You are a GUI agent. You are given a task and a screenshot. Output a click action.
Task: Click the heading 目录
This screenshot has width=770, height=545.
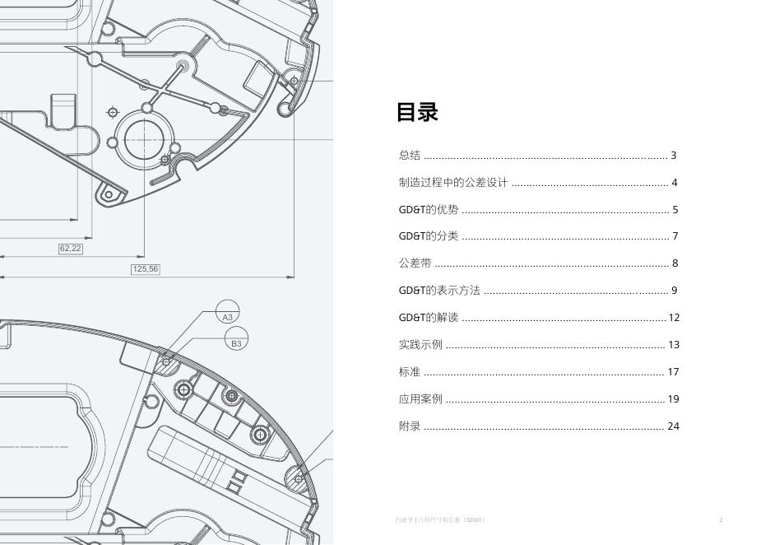[417, 112]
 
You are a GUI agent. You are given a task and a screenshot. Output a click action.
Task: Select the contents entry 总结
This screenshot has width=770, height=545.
[410, 156]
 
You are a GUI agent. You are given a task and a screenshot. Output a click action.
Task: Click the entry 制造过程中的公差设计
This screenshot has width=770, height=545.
[453, 183]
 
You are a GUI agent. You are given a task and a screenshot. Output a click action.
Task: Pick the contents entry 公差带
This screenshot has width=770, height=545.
[415, 263]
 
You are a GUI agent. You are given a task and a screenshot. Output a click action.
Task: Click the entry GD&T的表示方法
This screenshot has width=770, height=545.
[439, 291]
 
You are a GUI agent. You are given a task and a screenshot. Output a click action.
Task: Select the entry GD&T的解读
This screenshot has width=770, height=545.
[429, 318]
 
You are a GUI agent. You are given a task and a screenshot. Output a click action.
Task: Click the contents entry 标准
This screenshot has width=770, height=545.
[410, 372]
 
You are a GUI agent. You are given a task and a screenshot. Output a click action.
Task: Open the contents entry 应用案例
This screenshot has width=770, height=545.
[420, 399]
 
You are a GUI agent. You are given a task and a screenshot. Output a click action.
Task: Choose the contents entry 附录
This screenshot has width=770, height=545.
[410, 426]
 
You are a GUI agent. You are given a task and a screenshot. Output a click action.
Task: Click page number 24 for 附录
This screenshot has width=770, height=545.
[674, 426]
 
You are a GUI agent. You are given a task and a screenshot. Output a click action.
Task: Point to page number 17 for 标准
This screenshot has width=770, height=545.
[673, 372]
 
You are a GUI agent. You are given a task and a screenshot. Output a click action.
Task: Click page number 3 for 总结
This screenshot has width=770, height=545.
[674, 156]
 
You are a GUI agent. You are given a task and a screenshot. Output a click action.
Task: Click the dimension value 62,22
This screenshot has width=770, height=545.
[71, 249]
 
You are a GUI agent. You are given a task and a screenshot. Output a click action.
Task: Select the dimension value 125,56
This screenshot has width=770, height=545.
[145, 269]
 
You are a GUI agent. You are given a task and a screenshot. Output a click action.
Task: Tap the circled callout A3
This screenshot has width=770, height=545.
[228, 316]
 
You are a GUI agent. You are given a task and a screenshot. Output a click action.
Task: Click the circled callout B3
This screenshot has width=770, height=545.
[236, 343]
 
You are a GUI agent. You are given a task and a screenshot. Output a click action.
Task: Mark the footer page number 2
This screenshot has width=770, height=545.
[721, 520]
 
